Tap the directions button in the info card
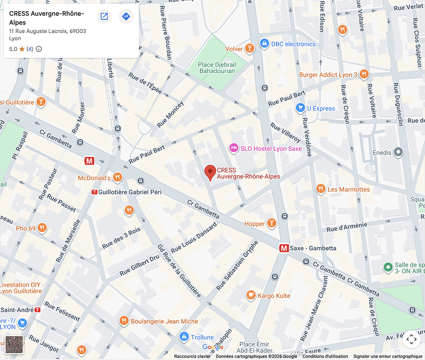pos(126,17)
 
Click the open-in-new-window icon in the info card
pos(104,17)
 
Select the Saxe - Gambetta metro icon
pos(283,248)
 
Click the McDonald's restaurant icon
pos(118,177)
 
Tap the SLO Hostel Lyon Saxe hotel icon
pos(233,148)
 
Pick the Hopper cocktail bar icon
pos(271,224)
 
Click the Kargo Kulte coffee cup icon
pos(251,295)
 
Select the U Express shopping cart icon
pos(300,108)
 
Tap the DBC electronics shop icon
pos(264,44)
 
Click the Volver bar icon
pos(249,48)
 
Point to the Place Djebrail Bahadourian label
pos(217,68)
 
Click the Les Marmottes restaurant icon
pos(321,189)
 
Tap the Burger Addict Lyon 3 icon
pos(363,74)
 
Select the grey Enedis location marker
pos(398,152)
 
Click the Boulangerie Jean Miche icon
pos(124,321)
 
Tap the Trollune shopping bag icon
pos(184,337)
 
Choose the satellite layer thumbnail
pos(14,345)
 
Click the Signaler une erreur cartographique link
pos(388,357)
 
